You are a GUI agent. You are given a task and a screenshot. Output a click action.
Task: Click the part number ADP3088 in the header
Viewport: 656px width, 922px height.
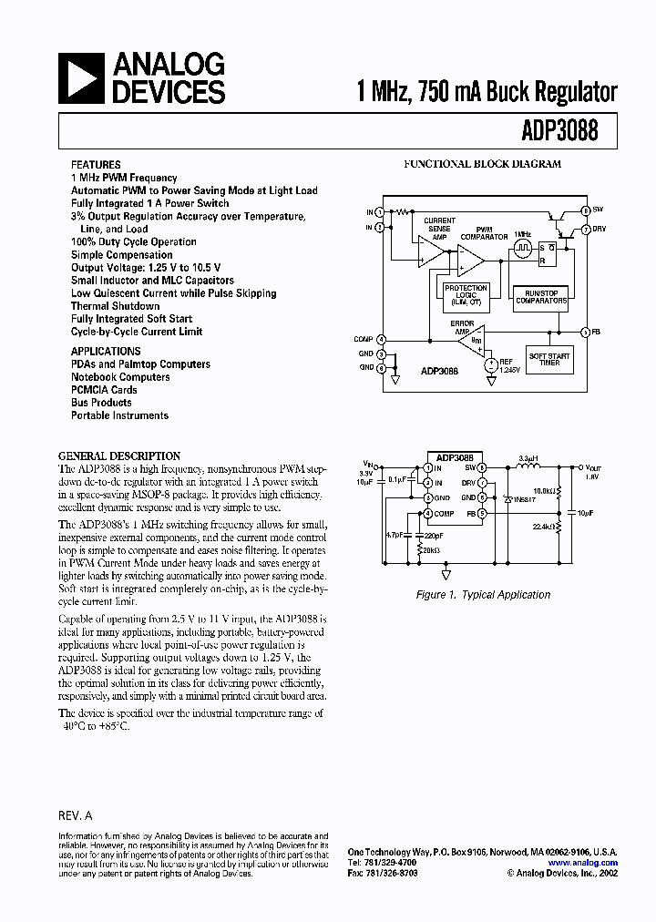point(561,130)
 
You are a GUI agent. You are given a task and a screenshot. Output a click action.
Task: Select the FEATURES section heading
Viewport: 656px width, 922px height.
point(96,165)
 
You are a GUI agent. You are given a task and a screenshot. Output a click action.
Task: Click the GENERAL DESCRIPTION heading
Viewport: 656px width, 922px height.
point(118,456)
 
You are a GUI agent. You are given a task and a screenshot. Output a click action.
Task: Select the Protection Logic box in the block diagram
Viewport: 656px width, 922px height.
point(466,292)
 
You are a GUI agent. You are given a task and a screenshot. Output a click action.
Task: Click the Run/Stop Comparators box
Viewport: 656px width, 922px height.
point(541,296)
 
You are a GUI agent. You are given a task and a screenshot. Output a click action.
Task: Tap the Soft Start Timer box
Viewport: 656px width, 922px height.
point(548,358)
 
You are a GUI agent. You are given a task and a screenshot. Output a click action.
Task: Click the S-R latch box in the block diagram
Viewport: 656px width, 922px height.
point(548,252)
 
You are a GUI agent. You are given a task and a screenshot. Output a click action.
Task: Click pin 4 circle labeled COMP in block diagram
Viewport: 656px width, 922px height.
point(381,339)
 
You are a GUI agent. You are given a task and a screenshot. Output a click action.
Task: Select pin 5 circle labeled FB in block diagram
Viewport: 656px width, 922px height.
point(585,331)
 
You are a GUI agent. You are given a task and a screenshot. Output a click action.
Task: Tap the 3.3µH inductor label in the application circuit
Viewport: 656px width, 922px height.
point(529,457)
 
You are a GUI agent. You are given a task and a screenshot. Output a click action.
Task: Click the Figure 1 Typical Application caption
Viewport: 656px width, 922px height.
point(483,595)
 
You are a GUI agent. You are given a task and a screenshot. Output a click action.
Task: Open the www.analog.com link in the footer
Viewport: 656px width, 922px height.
point(583,863)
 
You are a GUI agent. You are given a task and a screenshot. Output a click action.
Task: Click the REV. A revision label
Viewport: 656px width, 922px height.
point(75,817)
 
